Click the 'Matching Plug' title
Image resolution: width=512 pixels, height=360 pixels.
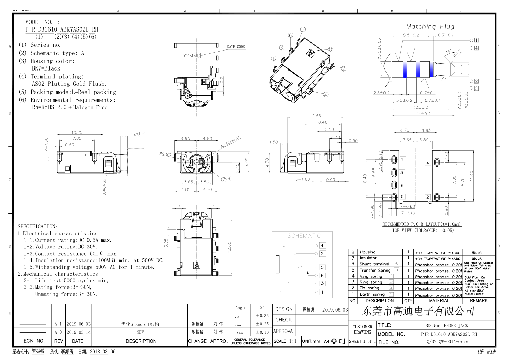pos(430,26)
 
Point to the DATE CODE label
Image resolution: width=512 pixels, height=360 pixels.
pos(236,47)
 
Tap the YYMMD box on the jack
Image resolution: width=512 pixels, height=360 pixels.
pos(192,55)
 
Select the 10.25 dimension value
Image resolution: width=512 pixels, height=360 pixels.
pos(77,133)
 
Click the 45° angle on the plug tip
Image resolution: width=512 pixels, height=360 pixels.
pos(448,52)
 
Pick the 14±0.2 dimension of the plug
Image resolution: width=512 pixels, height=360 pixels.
pos(423,114)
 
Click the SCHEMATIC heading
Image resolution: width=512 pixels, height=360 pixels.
pos(304,236)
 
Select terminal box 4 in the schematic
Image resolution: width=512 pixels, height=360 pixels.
pos(322,245)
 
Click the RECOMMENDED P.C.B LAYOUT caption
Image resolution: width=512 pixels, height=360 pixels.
pos(422,224)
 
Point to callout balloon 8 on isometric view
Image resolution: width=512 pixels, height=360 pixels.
pos(330,49)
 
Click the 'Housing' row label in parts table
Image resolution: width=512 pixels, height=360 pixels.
pos(368,252)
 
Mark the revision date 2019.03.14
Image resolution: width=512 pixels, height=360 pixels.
pos(78,332)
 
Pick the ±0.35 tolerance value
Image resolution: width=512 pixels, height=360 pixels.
pos(262,316)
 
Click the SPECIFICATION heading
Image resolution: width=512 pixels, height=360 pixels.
pos(37,226)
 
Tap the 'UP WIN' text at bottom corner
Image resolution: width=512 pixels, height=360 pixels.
pos(487,352)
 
